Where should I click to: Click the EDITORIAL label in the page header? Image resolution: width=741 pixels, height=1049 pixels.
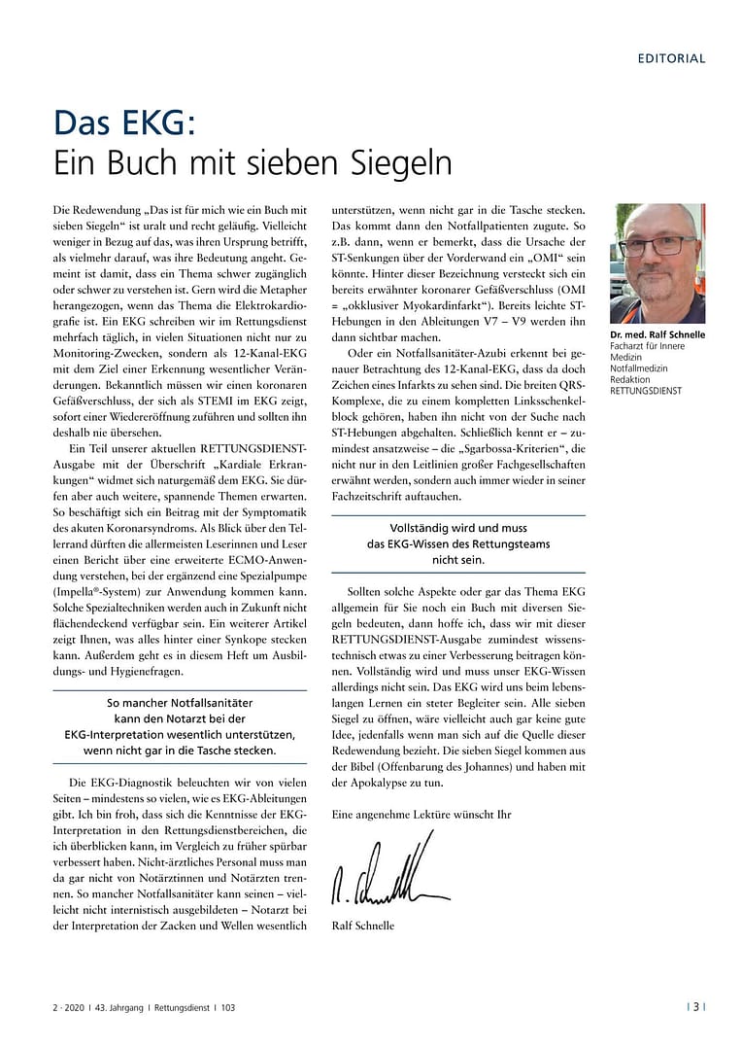tap(671, 58)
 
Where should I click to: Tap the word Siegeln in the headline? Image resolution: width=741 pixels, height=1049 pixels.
tap(398, 160)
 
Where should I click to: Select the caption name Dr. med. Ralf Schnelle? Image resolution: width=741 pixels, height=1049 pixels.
tap(657, 335)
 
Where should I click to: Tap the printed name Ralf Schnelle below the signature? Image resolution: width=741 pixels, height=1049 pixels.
tap(363, 926)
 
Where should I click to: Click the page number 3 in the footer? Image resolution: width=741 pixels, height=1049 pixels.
tap(695, 1007)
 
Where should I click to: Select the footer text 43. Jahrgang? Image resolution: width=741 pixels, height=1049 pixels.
tap(118, 1008)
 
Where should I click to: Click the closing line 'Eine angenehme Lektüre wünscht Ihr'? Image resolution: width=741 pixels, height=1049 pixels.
tap(421, 815)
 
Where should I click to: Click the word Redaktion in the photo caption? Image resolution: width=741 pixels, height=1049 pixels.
tap(633, 379)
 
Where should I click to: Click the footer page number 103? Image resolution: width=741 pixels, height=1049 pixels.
tap(227, 1008)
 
